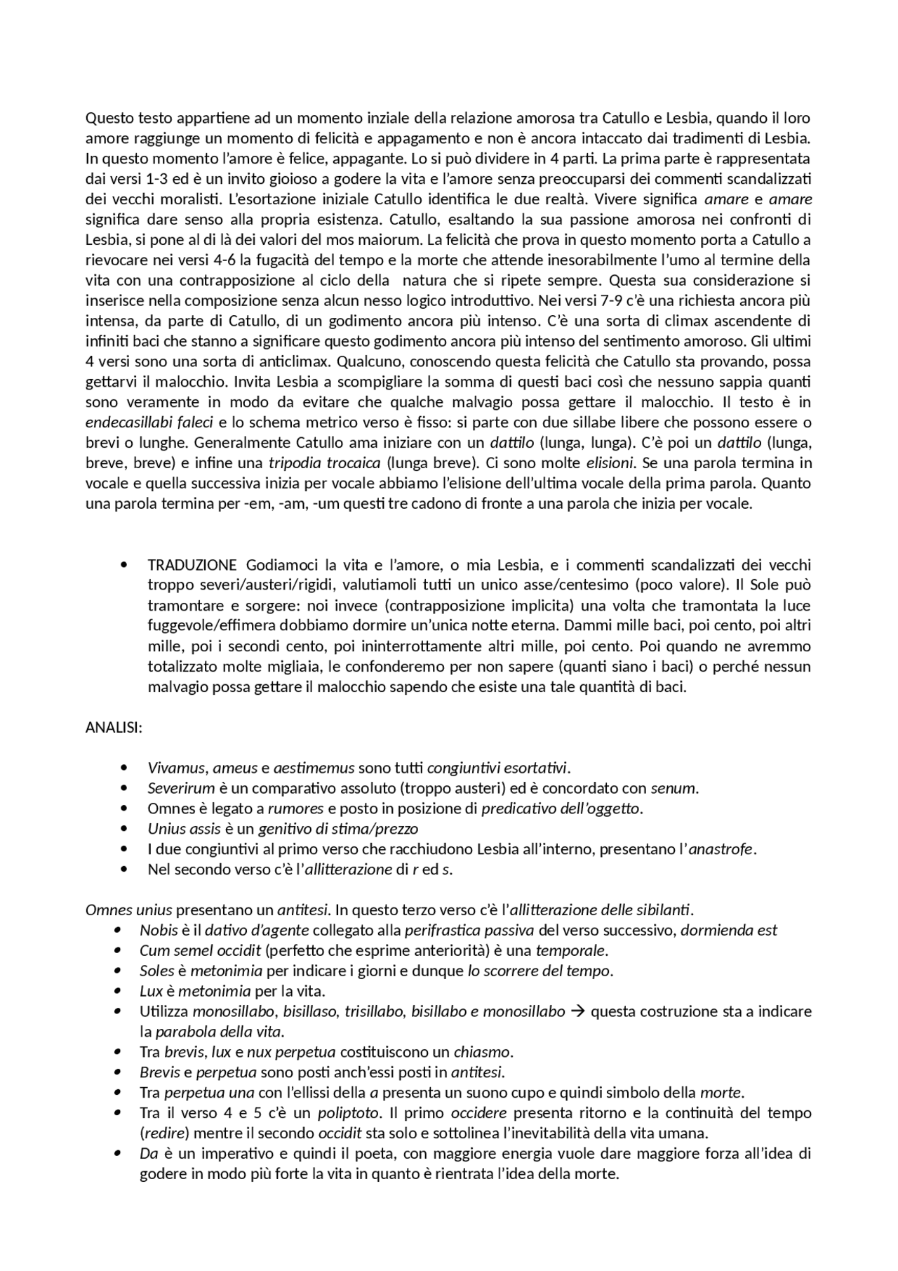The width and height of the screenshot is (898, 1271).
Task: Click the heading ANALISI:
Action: click(114, 727)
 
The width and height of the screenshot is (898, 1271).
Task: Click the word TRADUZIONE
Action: click(192, 565)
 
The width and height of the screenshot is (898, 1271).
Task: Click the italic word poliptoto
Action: click(344, 1113)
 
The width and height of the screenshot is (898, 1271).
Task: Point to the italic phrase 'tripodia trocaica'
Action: click(324, 463)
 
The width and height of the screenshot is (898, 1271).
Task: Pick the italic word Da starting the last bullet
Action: click(148, 1154)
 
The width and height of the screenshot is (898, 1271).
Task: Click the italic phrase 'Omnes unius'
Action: click(128, 910)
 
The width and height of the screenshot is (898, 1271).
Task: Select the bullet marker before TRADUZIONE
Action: click(124, 565)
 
